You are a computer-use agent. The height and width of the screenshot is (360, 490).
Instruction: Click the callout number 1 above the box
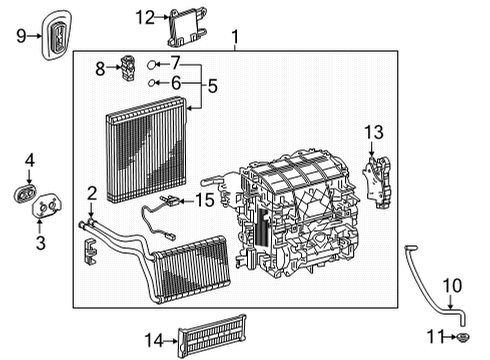click(235, 40)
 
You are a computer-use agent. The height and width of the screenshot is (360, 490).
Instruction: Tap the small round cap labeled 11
click(466, 337)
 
